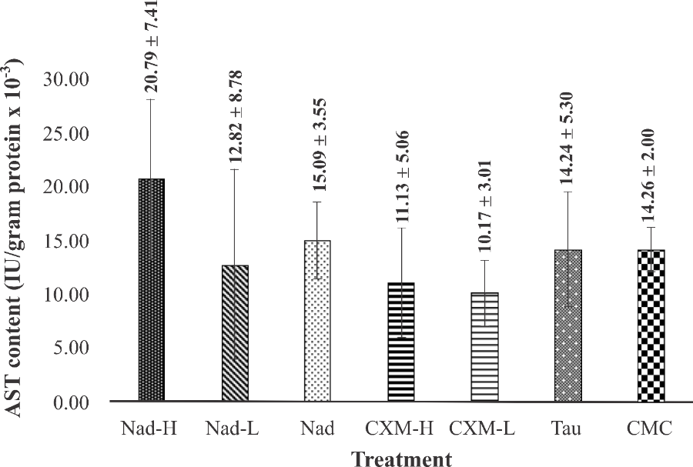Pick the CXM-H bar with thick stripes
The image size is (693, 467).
coord(401,342)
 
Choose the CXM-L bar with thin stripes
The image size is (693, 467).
coord(484,347)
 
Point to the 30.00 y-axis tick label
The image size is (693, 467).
coord(69,80)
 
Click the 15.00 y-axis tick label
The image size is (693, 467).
coord(69,241)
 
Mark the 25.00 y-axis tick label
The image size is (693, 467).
coord(69,134)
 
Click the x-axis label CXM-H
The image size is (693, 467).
coord(400,429)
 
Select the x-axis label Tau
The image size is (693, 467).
coord(567,429)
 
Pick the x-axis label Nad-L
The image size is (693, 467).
coord(233,429)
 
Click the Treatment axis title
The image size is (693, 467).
coord(402,459)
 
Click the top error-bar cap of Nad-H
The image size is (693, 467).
coord(152,100)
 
